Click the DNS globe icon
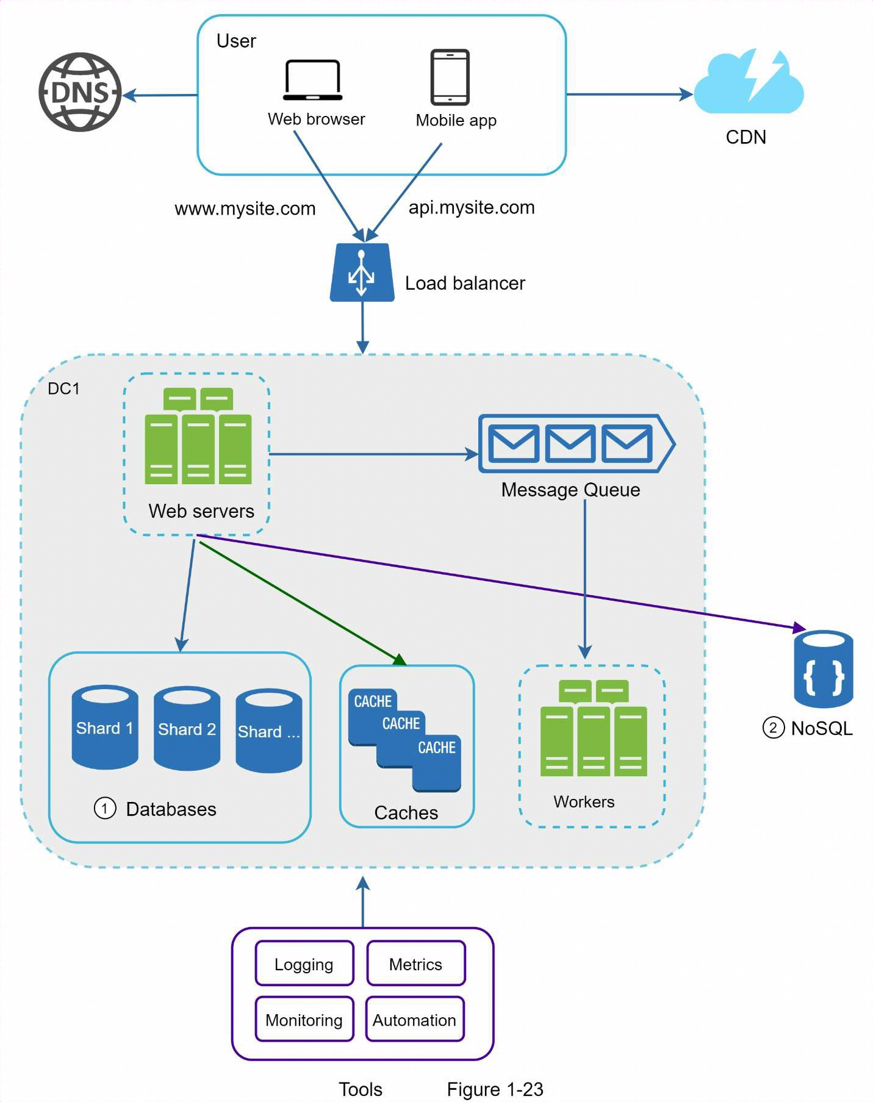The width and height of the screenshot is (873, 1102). (x=80, y=92)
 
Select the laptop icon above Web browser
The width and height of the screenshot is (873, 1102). (x=312, y=80)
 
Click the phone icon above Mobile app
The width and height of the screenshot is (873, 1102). (x=450, y=77)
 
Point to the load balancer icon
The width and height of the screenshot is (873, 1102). (x=362, y=273)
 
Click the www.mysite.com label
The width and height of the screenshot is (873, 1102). (x=245, y=209)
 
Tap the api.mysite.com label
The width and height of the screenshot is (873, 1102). (x=471, y=207)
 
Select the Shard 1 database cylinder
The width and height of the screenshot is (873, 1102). (x=105, y=727)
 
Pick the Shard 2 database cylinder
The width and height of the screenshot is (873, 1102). (x=187, y=728)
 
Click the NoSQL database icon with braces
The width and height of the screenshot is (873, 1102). (x=823, y=669)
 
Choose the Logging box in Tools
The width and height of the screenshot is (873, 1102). (x=304, y=964)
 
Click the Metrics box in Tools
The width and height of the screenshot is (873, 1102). (x=415, y=964)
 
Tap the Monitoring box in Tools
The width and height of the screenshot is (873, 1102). (x=304, y=1019)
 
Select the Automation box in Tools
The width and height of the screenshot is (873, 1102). (x=414, y=1019)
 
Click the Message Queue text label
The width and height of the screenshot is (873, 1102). (x=570, y=490)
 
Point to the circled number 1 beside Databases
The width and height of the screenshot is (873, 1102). (x=105, y=809)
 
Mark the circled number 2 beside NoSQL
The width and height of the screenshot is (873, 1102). (x=773, y=728)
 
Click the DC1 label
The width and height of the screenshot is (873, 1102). (x=63, y=388)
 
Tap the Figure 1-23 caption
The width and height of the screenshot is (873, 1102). (x=495, y=1089)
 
